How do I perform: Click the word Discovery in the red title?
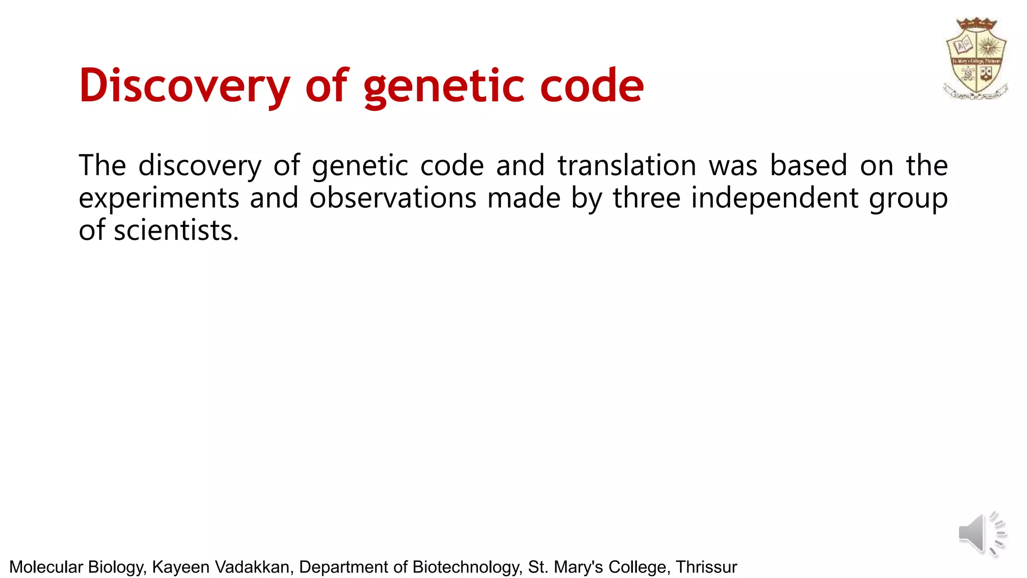click(x=184, y=86)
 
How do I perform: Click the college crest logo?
click(x=976, y=59)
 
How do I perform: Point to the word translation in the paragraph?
click(x=627, y=166)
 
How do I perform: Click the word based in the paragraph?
click(x=808, y=166)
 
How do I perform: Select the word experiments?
click(x=159, y=198)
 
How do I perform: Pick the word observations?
click(x=393, y=198)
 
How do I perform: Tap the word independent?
click(x=775, y=198)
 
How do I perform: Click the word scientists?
click(x=176, y=231)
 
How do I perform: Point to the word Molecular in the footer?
click(x=46, y=567)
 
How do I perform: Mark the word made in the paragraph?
click(x=524, y=198)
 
